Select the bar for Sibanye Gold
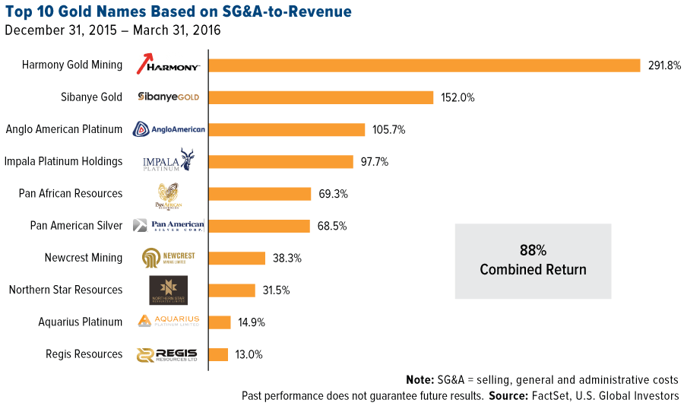[x=321, y=97]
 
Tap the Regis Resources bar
[x=218, y=354]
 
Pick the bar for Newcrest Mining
[x=236, y=258]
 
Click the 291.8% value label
[x=664, y=65]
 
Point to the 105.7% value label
[x=389, y=130]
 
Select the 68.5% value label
[x=334, y=226]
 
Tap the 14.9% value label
[x=252, y=322]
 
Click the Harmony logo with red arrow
[x=168, y=65]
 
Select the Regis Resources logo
[x=167, y=354]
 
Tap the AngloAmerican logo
[x=169, y=130]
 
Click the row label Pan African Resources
[x=71, y=193]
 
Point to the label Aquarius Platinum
[x=81, y=322]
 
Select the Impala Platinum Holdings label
[x=63, y=161]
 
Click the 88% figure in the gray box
[x=533, y=251]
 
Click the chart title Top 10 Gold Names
[x=179, y=13]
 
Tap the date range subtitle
[x=112, y=31]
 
